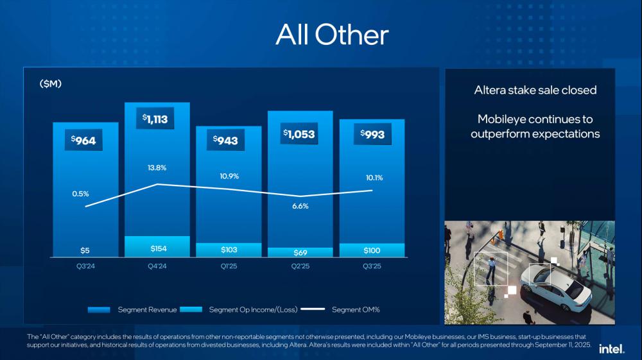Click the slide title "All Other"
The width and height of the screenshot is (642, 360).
point(332,35)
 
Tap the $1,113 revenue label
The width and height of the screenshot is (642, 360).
point(157,119)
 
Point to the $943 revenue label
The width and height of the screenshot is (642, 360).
point(228,140)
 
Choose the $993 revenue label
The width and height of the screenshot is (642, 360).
point(372,134)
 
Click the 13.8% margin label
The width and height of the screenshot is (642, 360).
point(157,167)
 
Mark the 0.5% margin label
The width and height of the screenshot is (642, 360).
point(81,193)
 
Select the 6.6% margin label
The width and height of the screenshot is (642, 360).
point(300,206)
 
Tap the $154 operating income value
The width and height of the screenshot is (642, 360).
point(158,248)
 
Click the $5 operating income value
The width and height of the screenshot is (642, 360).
point(85,250)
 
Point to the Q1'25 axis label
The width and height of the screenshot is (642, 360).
point(228,266)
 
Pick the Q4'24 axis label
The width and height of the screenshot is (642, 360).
point(157,266)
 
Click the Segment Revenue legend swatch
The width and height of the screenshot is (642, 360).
point(100,310)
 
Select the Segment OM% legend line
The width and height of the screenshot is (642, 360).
point(313,310)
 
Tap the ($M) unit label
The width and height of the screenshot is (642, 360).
point(50,84)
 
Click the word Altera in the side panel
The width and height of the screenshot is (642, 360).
point(490,90)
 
